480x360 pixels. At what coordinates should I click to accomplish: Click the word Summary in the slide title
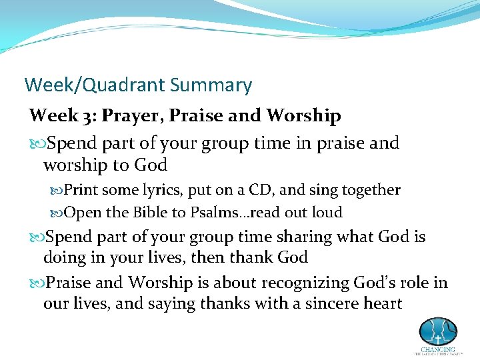coord(211,85)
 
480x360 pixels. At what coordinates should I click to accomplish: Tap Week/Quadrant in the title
coord(95,85)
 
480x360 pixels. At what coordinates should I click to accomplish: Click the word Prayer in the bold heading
coord(131,115)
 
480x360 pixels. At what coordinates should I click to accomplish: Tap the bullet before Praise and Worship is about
coord(37,283)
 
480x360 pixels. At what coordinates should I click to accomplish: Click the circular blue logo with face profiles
coord(438,331)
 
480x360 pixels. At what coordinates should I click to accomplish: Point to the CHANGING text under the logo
coord(438,349)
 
